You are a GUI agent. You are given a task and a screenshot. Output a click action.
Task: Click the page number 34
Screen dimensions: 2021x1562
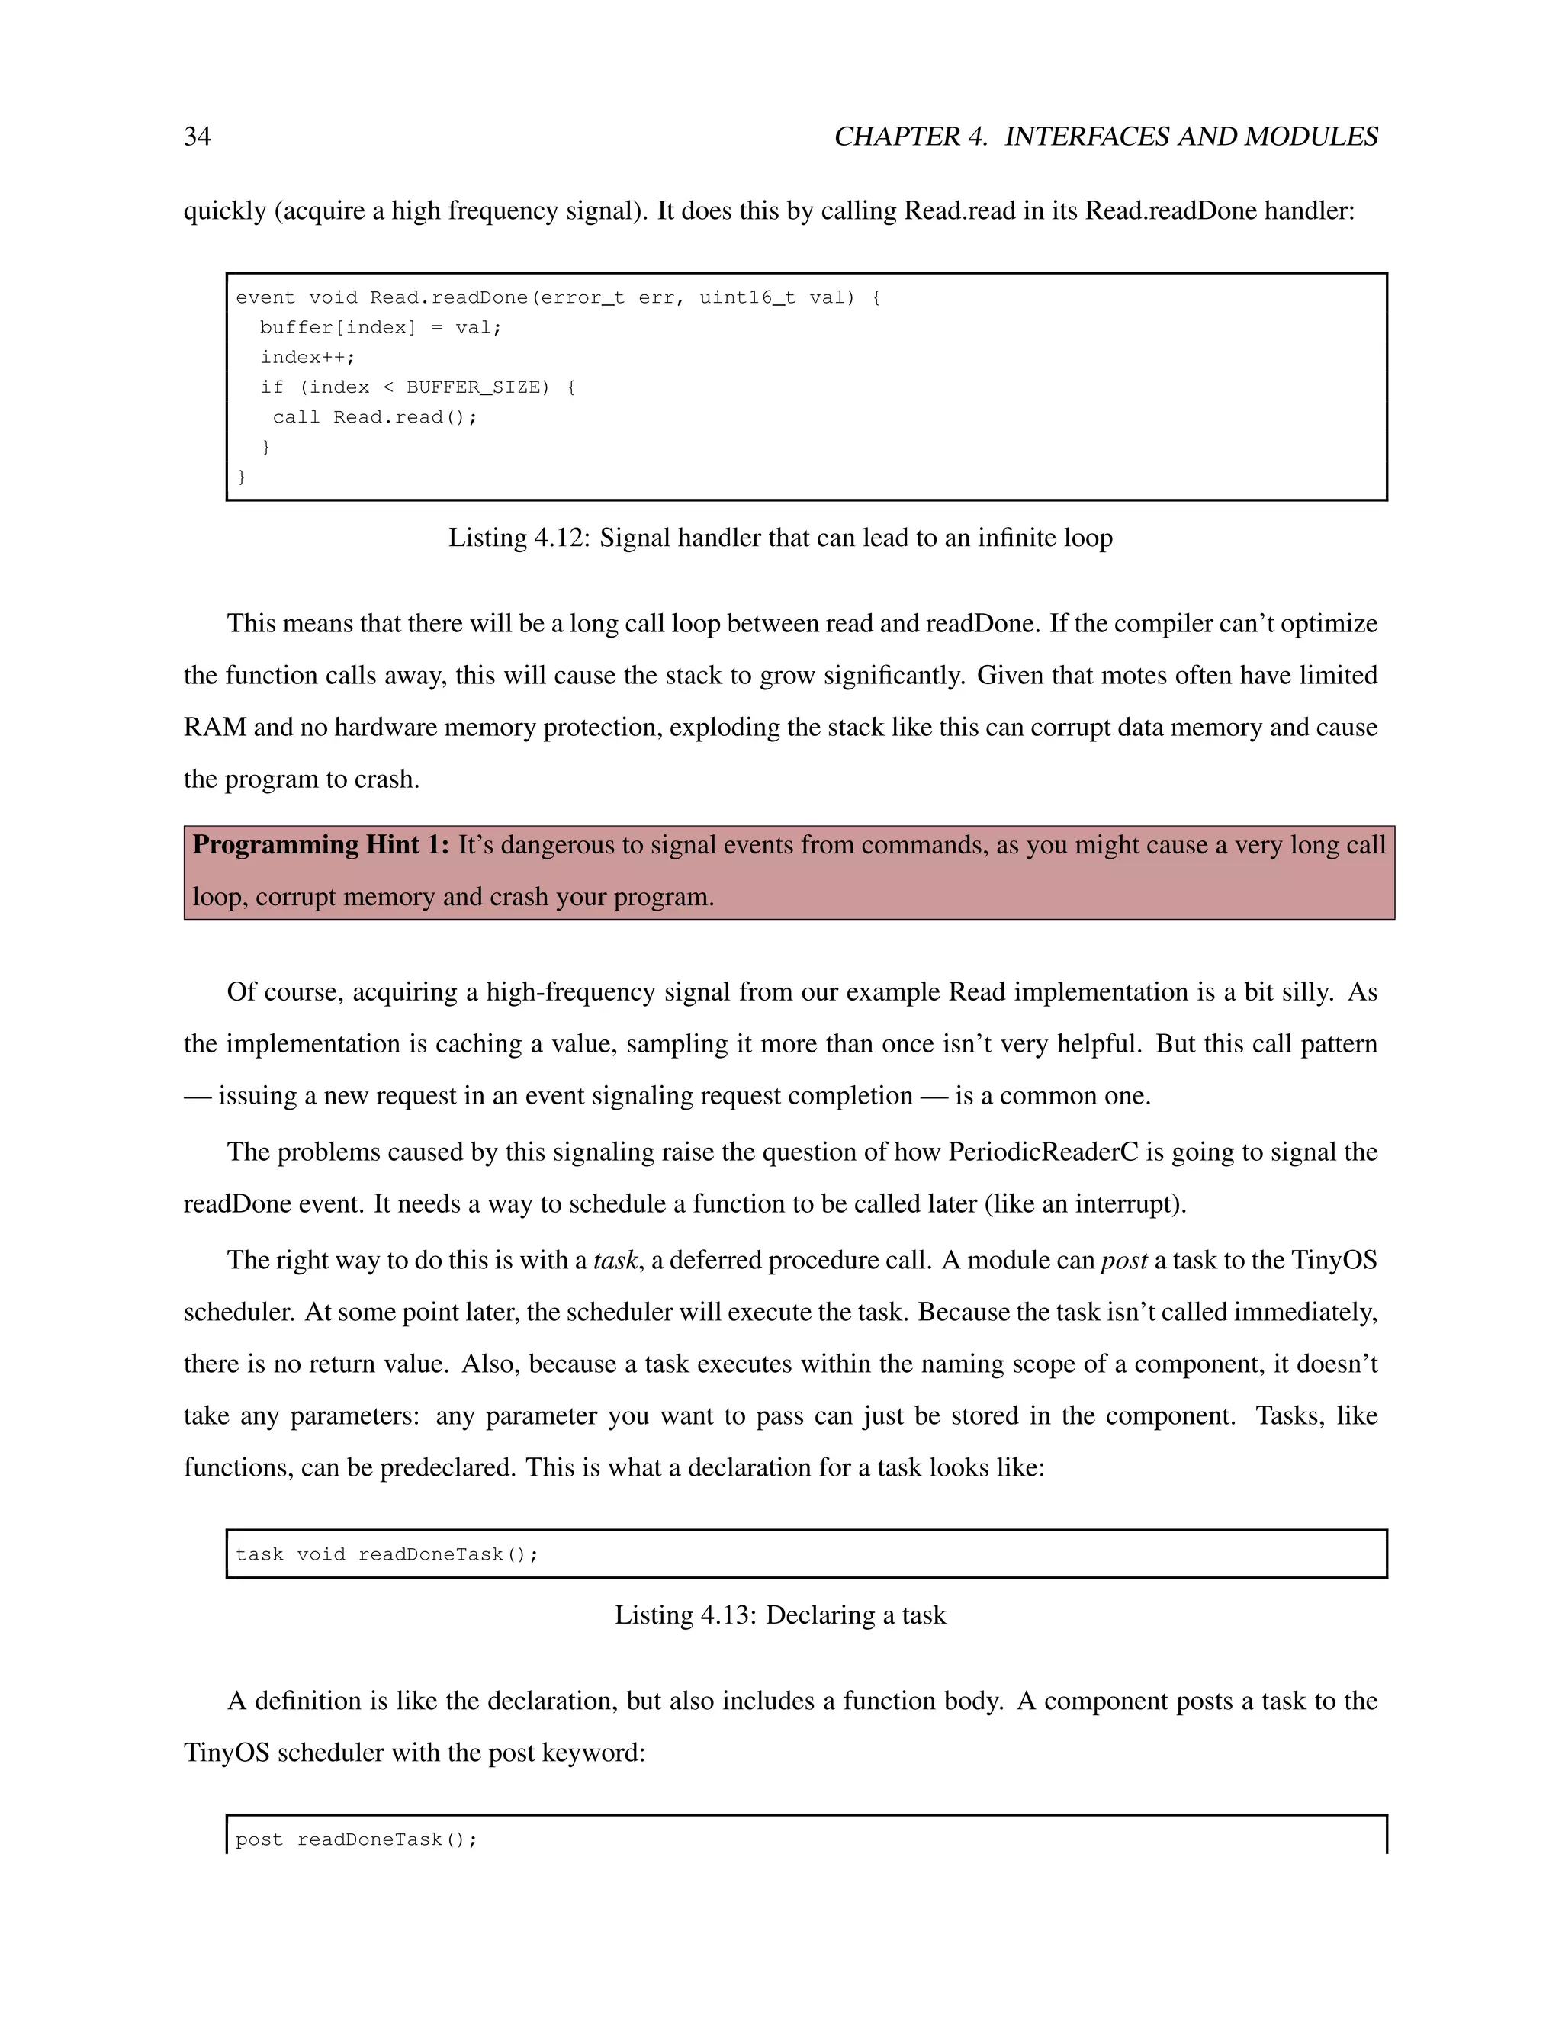point(197,137)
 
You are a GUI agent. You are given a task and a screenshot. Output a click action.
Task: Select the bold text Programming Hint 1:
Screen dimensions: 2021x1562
point(320,845)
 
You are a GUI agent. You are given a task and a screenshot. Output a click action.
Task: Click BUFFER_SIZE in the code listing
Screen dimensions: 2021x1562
point(477,387)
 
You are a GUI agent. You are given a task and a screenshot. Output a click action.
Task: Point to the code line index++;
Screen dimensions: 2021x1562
point(307,357)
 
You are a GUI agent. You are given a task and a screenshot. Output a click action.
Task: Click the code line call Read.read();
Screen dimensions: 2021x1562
point(374,417)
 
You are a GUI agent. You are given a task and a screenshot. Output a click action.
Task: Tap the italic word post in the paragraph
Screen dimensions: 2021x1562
point(1123,1261)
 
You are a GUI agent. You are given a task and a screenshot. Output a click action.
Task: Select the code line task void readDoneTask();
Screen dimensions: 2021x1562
point(387,1554)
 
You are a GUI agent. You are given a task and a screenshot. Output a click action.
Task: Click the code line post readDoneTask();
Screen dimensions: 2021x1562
point(356,1839)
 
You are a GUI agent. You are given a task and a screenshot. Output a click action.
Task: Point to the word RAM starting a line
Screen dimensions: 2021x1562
point(214,728)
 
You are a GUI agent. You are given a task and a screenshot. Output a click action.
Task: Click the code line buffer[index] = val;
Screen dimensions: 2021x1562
point(381,328)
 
